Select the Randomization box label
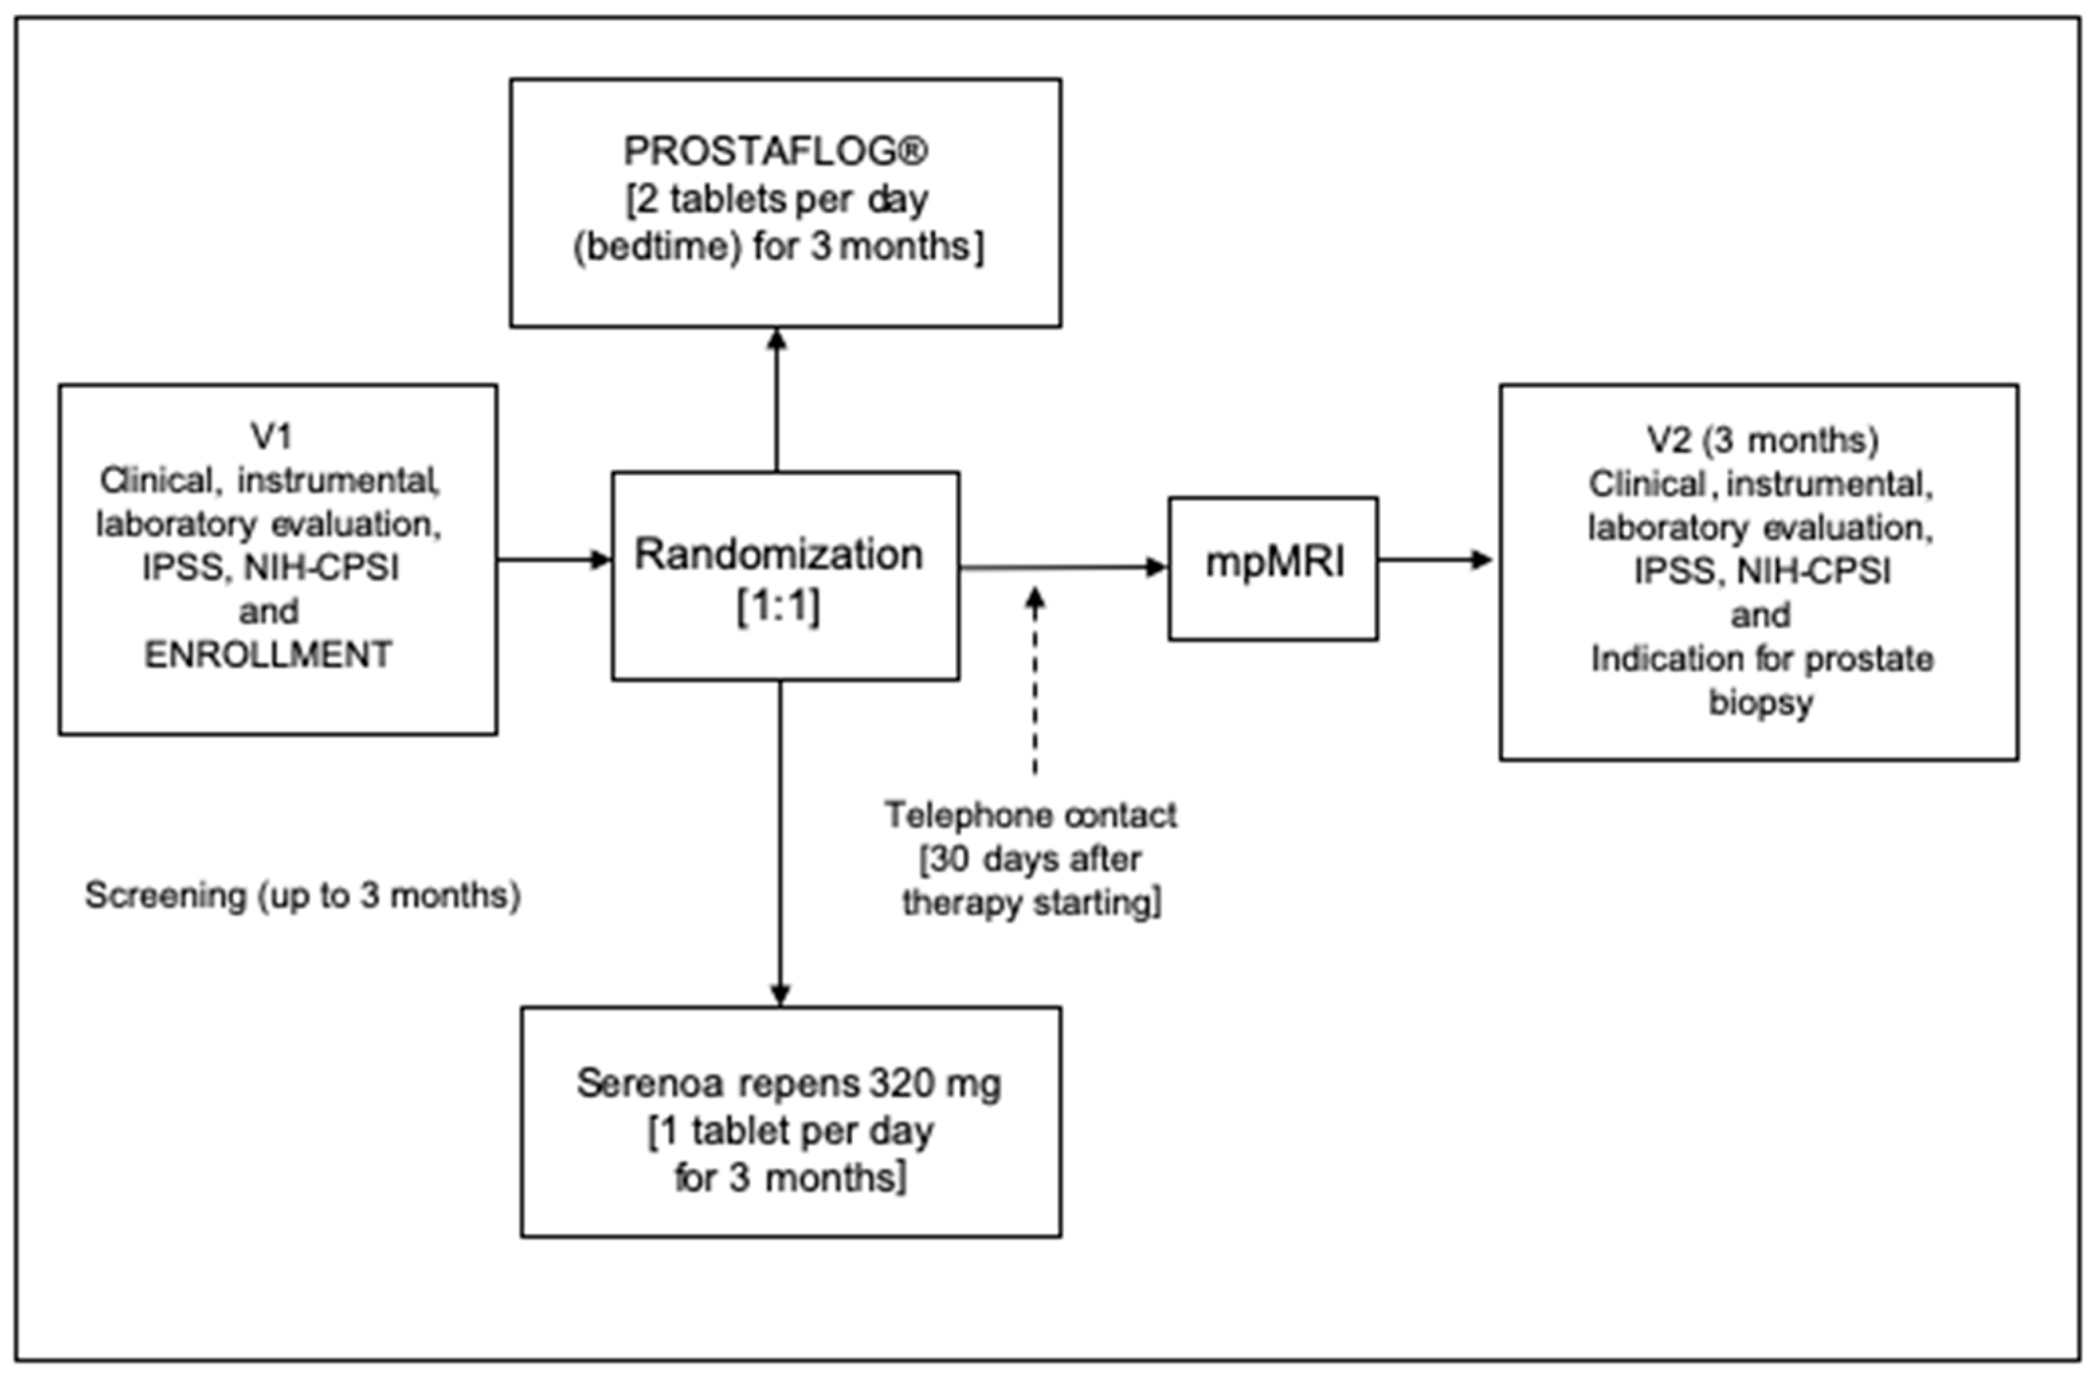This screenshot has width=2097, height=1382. tap(779, 554)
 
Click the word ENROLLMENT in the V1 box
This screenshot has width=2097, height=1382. tap(268, 655)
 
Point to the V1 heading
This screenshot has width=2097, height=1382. tap(271, 436)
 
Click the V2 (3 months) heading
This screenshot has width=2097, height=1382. tap(1762, 440)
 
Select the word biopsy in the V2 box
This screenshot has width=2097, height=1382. tap(1760, 703)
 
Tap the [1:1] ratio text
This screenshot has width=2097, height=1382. tap(779, 606)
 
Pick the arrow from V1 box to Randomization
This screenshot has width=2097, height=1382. tap(554, 559)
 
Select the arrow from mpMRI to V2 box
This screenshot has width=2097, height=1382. tap(1435, 559)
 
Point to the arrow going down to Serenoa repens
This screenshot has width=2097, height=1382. tap(780, 842)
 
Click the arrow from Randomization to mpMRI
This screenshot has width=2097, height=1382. tap(1062, 568)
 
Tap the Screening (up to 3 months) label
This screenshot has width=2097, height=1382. tap(302, 895)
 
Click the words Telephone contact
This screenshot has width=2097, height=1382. tap(1030, 816)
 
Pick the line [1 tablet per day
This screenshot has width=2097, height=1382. tap(791, 1131)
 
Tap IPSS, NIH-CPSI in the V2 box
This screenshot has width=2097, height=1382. tap(1762, 571)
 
